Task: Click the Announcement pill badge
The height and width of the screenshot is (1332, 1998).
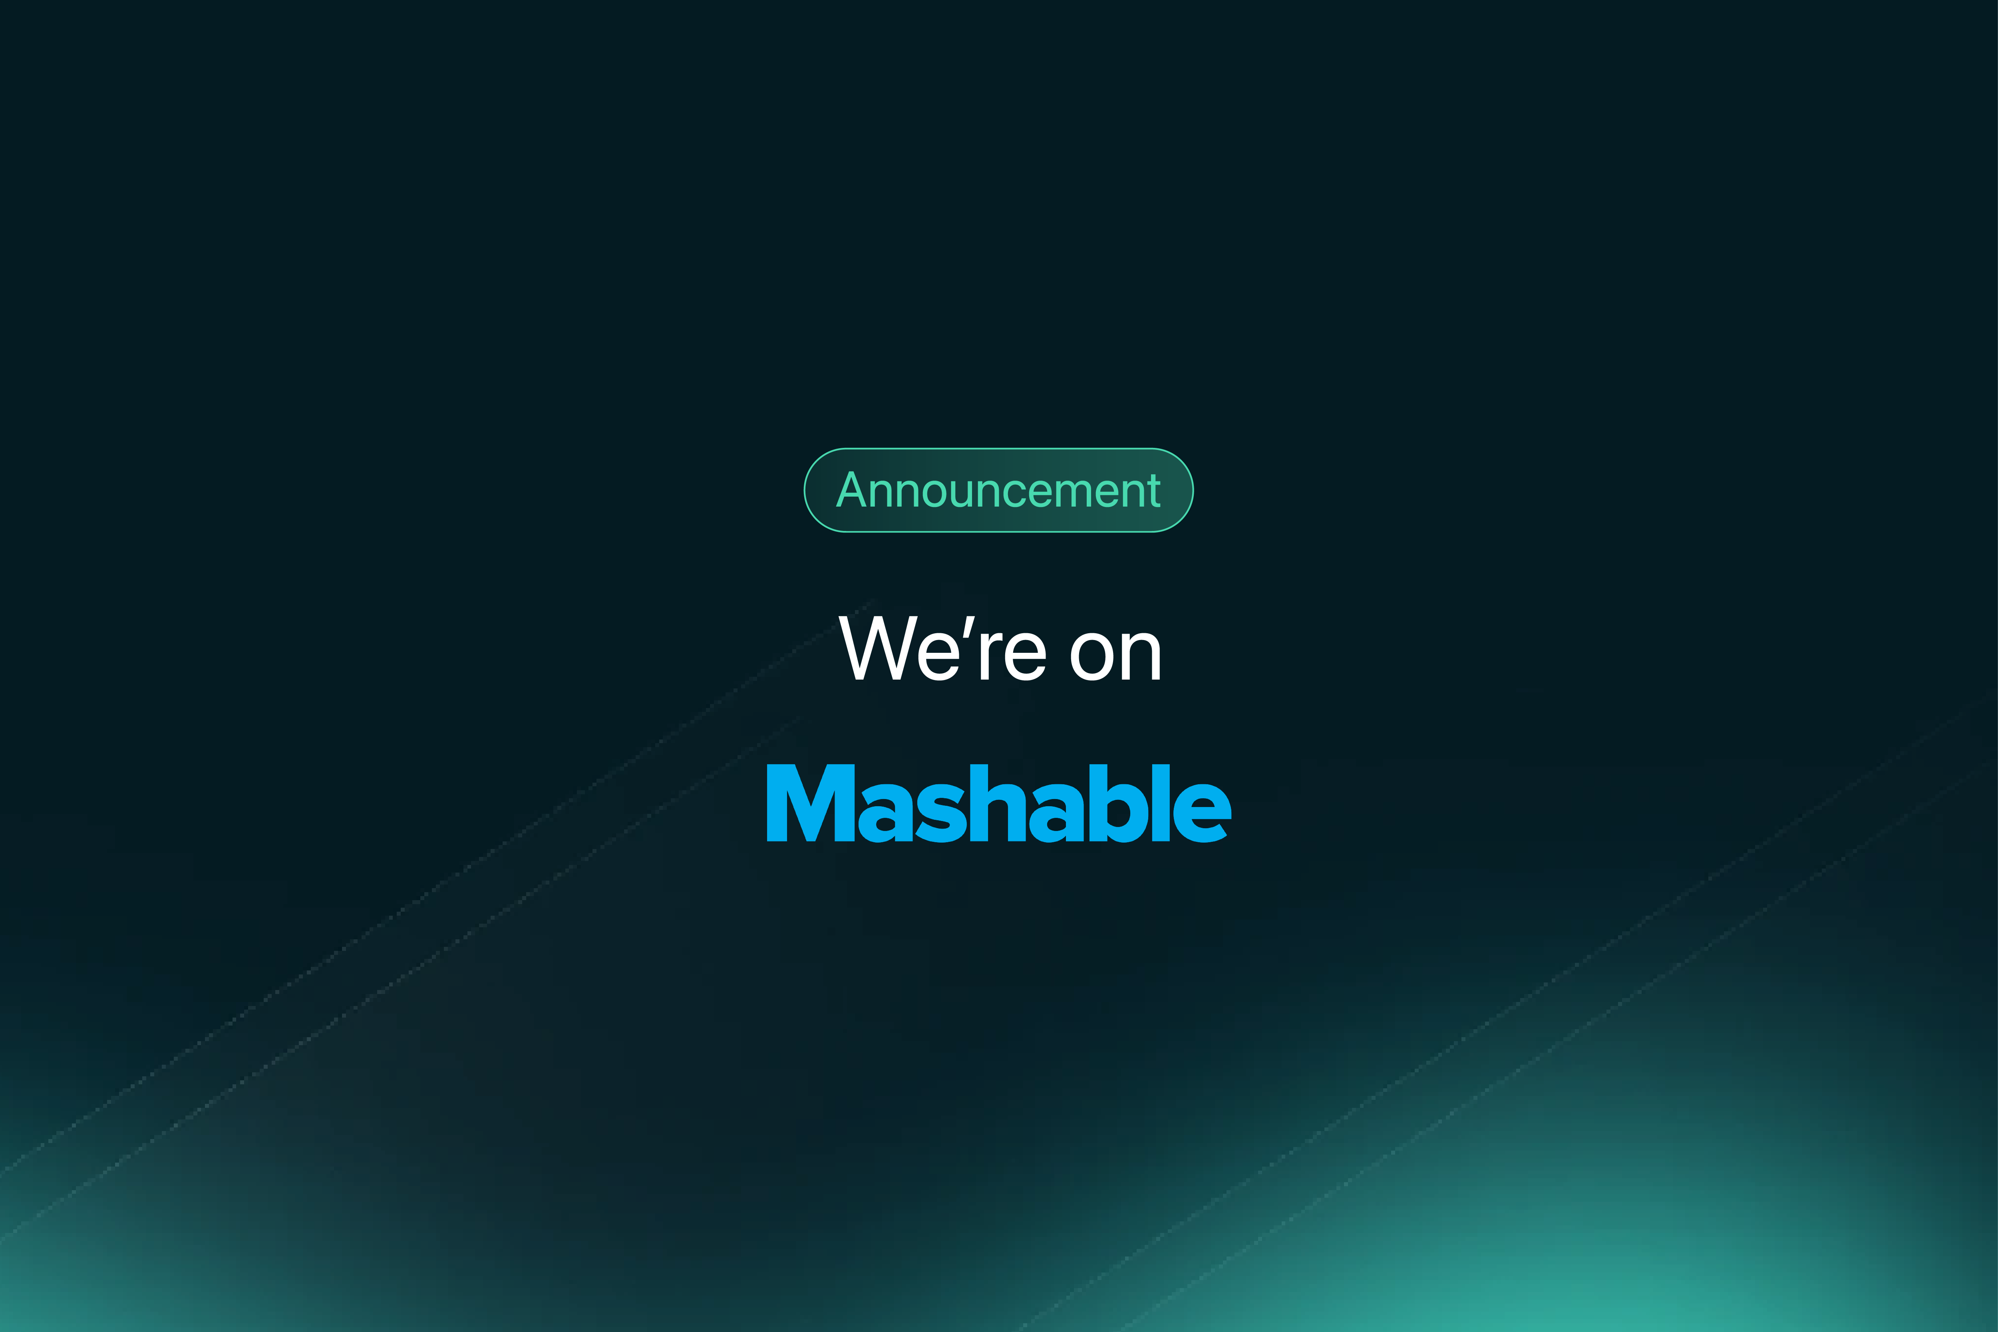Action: [999, 490]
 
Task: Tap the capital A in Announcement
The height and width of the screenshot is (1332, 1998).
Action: [852, 490]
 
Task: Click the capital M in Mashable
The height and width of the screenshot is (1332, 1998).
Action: [810, 803]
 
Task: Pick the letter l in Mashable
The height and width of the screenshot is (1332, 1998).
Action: [1161, 803]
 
